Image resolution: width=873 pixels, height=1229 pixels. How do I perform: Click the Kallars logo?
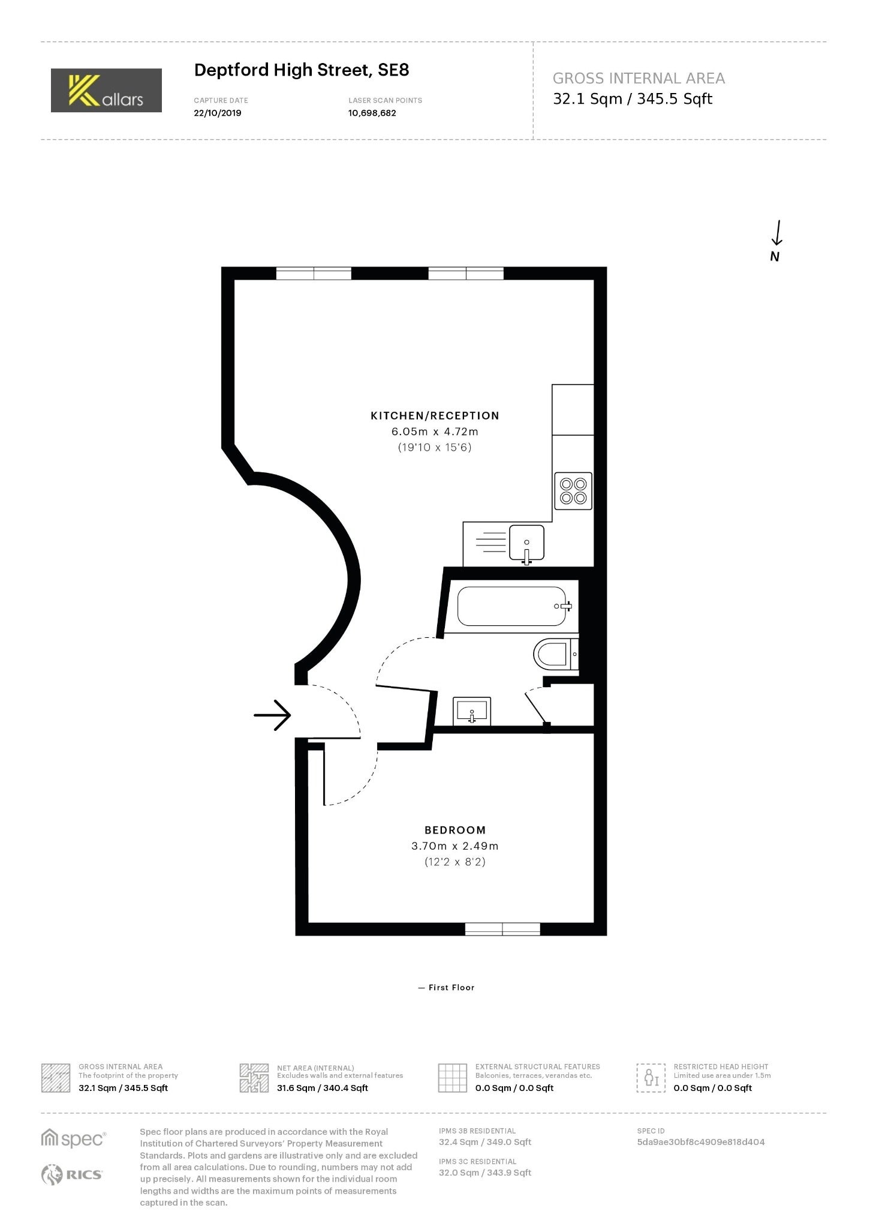coord(106,90)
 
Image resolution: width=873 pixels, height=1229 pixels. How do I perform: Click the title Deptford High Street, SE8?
coord(302,70)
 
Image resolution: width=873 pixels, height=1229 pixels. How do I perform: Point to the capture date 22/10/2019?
coord(218,113)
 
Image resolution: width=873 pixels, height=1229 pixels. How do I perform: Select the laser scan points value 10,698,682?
coord(372,113)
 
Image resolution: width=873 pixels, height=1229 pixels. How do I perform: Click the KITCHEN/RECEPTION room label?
coord(435,415)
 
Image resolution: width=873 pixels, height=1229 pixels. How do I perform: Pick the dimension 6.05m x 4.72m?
coord(435,431)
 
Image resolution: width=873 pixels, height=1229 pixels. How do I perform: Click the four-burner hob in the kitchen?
coord(573,490)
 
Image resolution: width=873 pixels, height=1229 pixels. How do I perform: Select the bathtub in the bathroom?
coord(513,606)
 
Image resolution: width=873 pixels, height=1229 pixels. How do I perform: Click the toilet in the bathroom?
coord(556,654)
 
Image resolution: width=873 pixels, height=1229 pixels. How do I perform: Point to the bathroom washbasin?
coord(472,711)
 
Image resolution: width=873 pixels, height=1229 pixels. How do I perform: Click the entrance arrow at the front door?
coord(272,715)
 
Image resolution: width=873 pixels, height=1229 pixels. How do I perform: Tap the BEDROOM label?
coord(455,830)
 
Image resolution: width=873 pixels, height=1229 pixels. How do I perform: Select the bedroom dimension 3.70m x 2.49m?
coord(455,846)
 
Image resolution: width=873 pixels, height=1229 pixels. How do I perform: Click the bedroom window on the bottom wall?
coord(502,929)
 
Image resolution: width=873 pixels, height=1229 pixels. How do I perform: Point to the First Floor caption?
coord(446,987)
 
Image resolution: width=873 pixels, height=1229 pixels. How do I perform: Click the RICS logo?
coord(72,1174)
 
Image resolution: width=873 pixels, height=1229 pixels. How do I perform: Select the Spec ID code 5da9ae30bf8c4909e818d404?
coord(701,1142)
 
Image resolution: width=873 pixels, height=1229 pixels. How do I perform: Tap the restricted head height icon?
coord(651,1078)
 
